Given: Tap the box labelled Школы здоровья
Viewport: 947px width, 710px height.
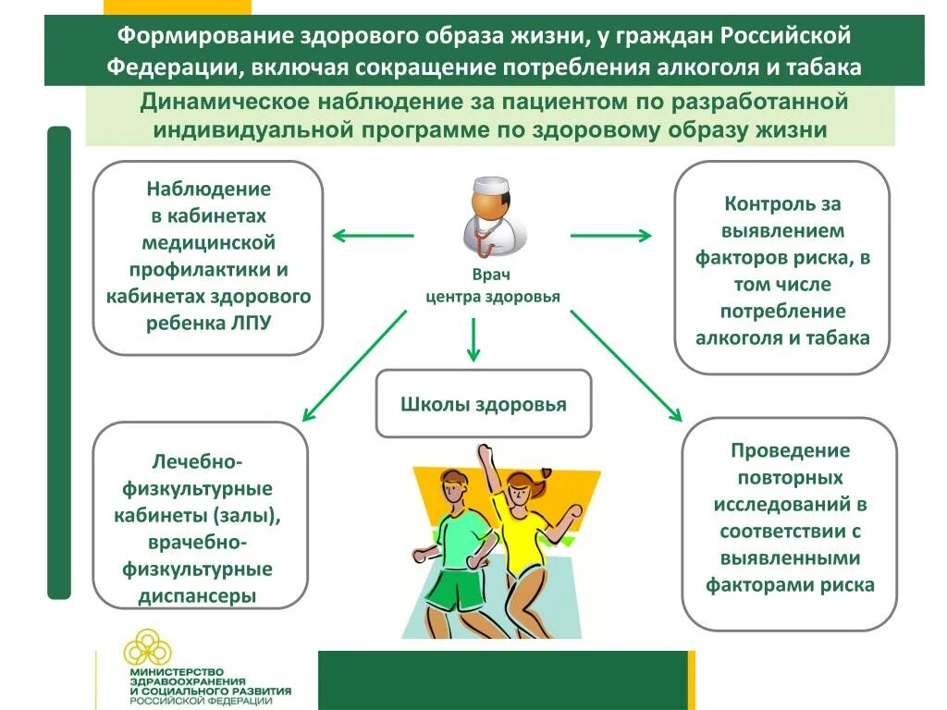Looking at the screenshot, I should coord(483,404).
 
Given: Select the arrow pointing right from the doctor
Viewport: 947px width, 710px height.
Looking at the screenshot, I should coord(610,236).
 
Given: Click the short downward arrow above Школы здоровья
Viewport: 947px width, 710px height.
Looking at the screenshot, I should coord(473,339).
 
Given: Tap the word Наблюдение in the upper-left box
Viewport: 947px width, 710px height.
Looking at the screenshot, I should coord(208,189).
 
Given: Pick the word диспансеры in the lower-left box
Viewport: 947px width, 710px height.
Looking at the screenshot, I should coord(197,595).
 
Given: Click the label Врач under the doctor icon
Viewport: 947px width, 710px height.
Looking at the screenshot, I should coord(491,275).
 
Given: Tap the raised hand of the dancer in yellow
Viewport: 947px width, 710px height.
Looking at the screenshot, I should coord(483,451).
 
